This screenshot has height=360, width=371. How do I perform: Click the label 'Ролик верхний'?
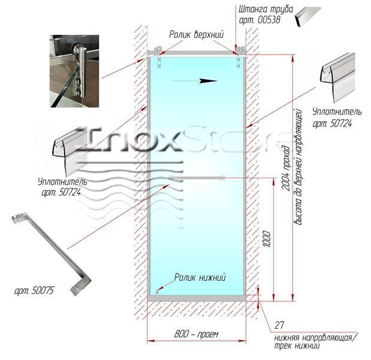(x=196, y=35)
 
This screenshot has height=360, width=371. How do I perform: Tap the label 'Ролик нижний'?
(x=200, y=277)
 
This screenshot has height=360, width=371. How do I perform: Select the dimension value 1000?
(x=267, y=239)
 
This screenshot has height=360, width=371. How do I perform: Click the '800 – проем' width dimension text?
(x=196, y=334)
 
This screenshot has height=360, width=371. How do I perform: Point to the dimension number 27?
(x=279, y=325)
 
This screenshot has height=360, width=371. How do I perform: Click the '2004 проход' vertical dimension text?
(x=286, y=168)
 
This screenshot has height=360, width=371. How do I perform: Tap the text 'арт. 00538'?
(x=260, y=20)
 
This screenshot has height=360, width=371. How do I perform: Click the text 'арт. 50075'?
(x=34, y=290)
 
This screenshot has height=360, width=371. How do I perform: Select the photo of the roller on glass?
(x=74, y=71)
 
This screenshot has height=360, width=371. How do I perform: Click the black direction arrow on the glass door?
(x=195, y=81)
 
